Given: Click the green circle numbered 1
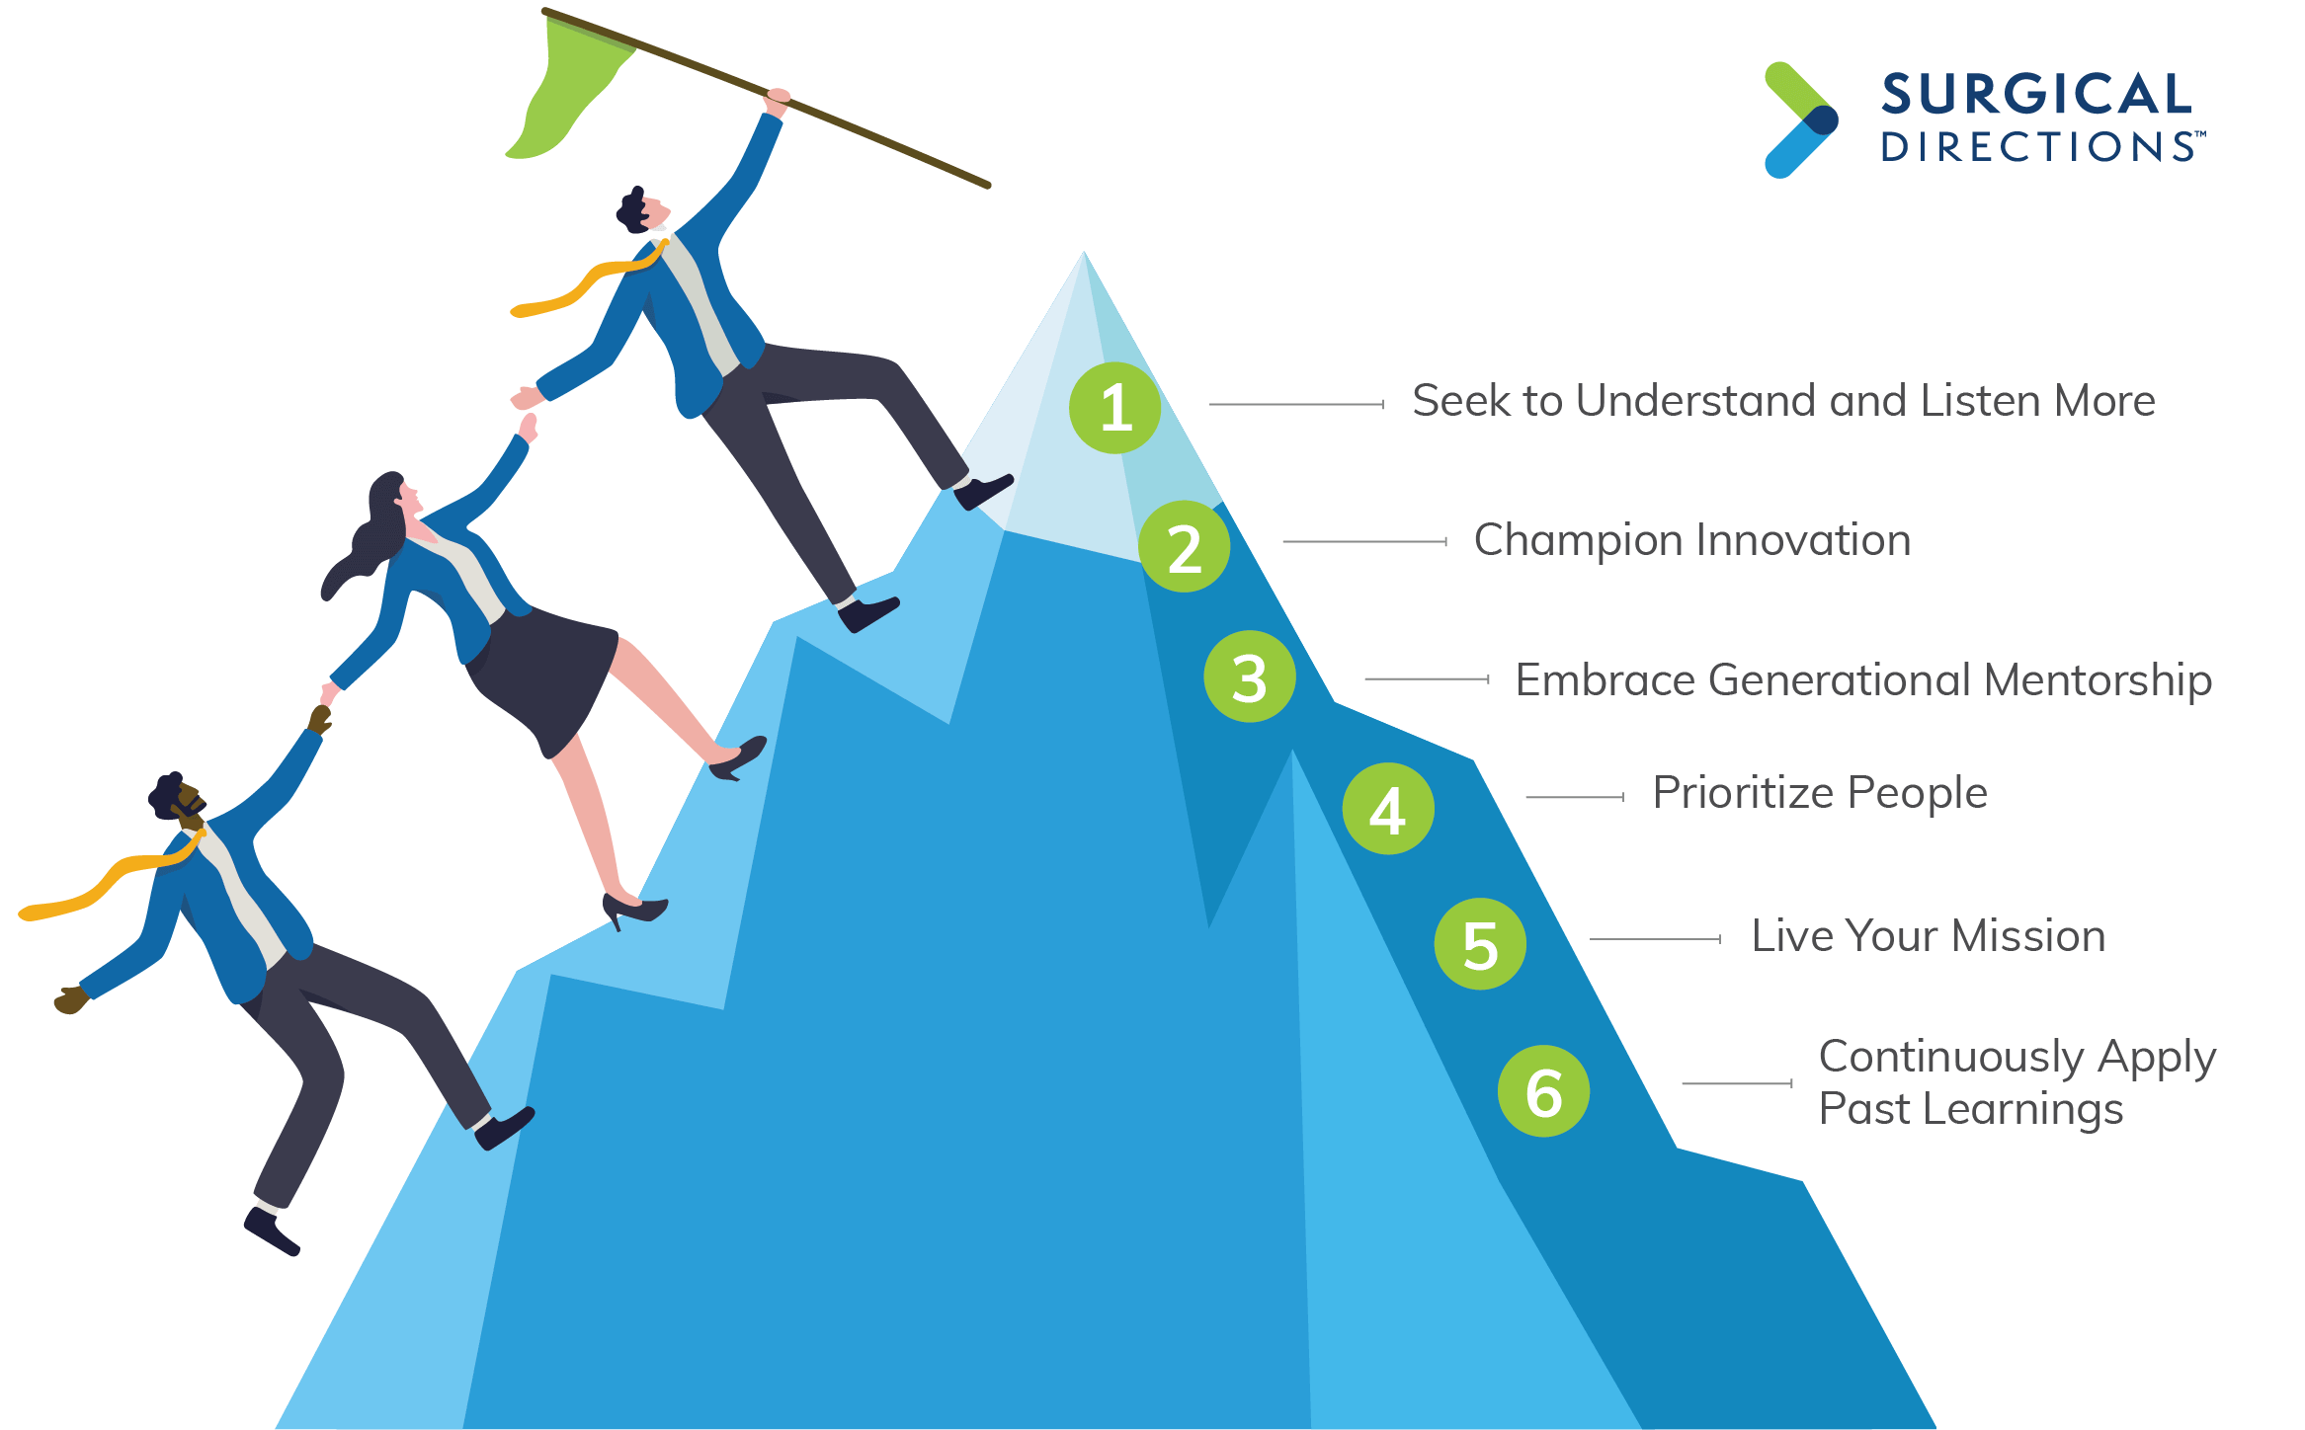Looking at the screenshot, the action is pos(1115,408).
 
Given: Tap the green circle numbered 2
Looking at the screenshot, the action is pos(1185,546).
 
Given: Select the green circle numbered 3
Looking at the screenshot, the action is pos(1250,676).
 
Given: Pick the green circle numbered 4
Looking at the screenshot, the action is pos(1388,809).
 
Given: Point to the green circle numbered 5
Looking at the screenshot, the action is pos(1480,944).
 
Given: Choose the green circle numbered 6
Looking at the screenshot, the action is pos(1543,1091).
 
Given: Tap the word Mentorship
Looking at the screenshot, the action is pos(2098,681).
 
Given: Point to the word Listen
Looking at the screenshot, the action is pos(1981,401).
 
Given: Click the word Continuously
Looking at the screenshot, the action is pos(1951,1058).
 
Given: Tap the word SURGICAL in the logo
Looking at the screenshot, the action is pos(2036,95).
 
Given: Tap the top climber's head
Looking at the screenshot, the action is pos(641,208).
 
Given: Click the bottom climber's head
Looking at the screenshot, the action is pos(176,796).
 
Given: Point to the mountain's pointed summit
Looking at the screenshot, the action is pos(1084,253).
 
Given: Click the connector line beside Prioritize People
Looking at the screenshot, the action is pos(1575,797).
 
